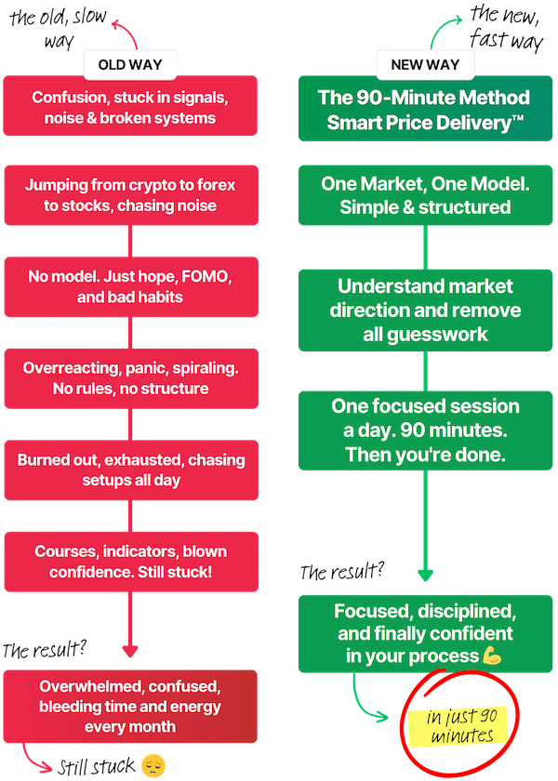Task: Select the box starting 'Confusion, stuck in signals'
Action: pos(130,107)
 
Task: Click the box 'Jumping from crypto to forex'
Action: pos(130,195)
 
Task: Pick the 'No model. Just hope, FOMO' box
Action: pos(130,286)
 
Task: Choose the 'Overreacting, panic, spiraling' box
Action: pos(130,377)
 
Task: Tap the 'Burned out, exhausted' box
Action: pos(130,469)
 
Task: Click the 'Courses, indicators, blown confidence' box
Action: pos(130,561)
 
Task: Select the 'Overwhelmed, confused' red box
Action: pos(130,706)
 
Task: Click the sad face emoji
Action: pos(152,765)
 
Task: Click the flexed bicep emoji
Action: pos(492,656)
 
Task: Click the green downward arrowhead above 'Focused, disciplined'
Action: pos(425,576)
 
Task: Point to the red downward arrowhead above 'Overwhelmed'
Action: pos(130,650)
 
